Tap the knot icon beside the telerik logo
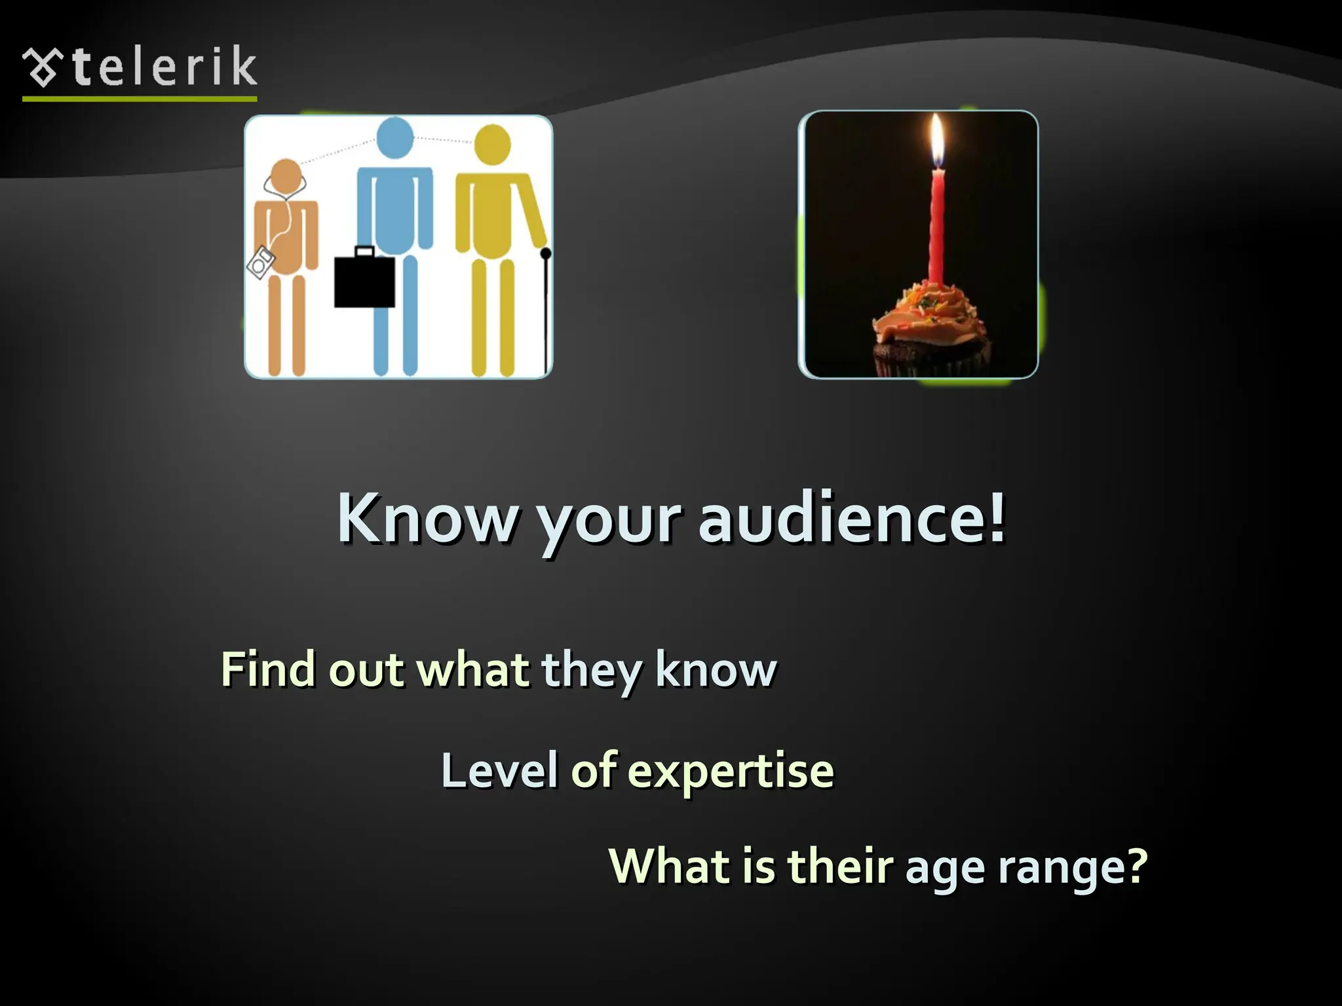coord(43,68)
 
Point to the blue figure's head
coord(395,138)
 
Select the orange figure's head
coord(286,177)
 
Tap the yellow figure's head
coord(491,145)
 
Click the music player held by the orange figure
coord(261,263)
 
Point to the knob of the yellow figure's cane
coord(546,253)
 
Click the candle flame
coord(937,139)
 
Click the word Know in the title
coord(427,519)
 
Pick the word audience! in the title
coord(851,519)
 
